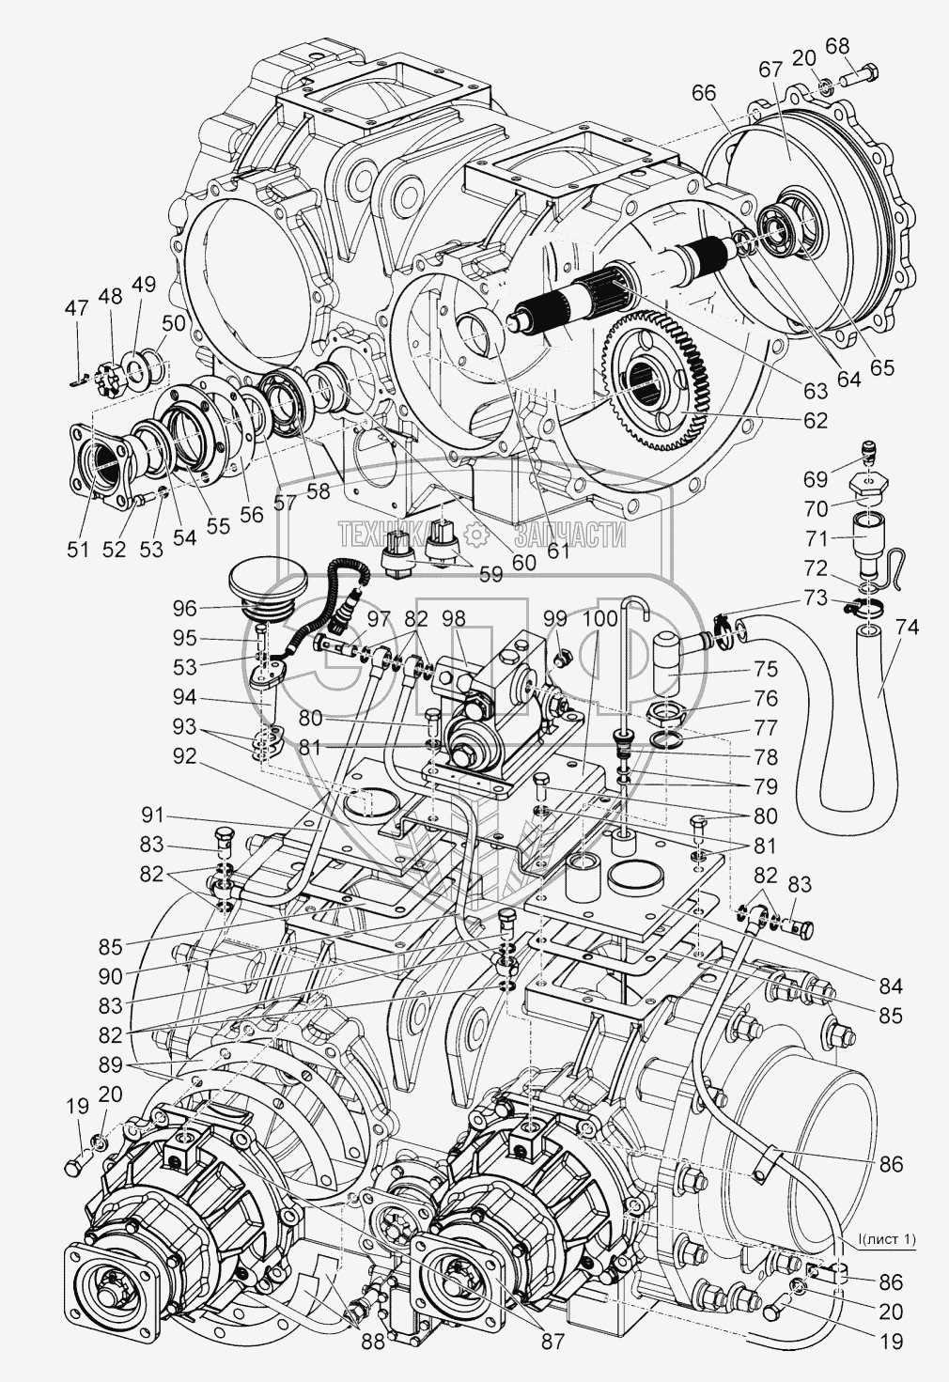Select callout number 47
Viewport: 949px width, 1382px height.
pos(76,307)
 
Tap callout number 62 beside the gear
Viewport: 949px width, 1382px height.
pos(815,421)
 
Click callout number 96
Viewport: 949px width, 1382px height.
pos(185,607)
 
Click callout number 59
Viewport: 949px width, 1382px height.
pos(490,574)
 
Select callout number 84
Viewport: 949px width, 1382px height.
pos(890,986)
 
